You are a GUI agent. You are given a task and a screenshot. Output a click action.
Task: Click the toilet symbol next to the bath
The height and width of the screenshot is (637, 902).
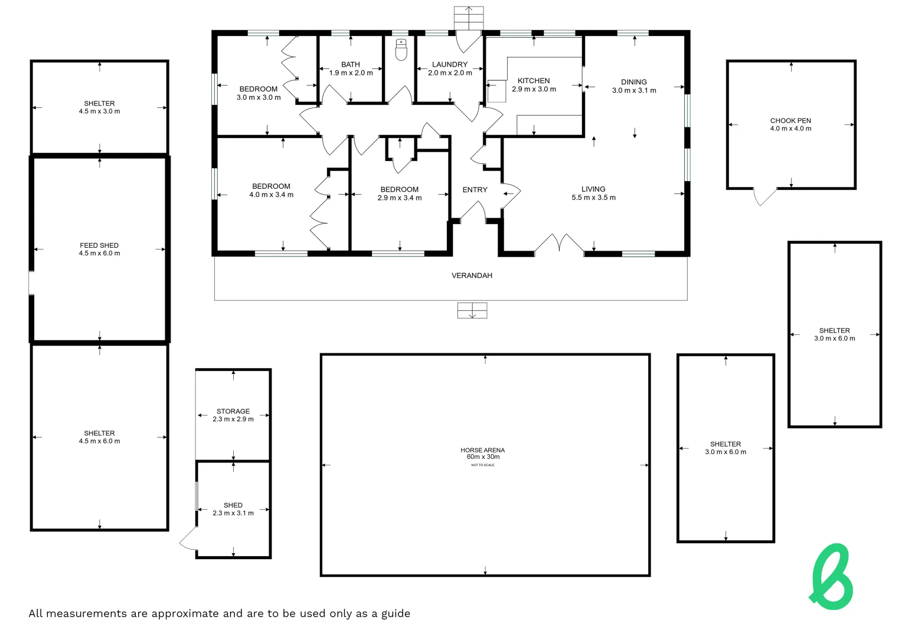401,50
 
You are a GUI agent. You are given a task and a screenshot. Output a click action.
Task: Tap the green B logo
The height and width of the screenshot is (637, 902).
832,577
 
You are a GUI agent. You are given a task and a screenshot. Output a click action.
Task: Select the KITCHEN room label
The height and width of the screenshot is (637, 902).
534,81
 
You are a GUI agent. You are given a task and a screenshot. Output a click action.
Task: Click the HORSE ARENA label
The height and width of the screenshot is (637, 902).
482,450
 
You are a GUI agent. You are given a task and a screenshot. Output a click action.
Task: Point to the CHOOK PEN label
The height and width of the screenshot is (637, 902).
790,120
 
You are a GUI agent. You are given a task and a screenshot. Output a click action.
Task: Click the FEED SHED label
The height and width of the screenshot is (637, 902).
99,245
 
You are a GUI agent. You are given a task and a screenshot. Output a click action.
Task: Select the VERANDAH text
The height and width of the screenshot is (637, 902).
472,275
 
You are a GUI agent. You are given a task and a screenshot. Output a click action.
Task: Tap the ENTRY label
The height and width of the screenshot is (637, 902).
475,190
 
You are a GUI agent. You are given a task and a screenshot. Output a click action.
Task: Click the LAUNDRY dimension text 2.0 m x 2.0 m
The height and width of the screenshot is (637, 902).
450,73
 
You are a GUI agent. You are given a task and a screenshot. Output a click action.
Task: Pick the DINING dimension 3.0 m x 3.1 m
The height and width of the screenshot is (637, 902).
634,91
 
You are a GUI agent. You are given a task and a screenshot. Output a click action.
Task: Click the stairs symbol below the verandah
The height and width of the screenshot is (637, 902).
472,310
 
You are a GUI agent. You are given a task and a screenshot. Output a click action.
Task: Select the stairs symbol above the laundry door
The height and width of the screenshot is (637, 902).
469,18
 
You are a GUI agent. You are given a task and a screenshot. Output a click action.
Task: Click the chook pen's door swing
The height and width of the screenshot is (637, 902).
764,197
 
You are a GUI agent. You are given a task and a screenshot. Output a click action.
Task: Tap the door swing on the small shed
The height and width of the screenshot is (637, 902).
188,539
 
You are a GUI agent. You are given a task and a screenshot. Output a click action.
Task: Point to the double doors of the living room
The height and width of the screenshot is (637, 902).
559,244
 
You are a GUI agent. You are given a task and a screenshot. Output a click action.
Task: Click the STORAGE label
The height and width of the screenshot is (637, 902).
233,411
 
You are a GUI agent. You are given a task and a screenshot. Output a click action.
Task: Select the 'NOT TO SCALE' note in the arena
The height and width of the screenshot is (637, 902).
482,465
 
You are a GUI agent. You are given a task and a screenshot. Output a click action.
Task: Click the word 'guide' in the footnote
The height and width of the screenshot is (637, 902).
396,613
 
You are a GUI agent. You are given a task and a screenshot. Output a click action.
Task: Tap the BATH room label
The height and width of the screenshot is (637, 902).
351,64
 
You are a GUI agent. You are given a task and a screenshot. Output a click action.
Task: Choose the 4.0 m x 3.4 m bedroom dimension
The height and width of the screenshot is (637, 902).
271,195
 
